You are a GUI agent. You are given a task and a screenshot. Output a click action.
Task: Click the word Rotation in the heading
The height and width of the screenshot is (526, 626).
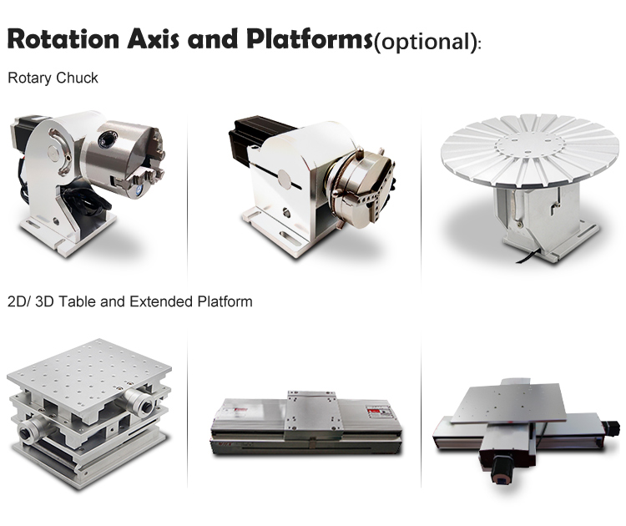pyautogui.click(x=63, y=39)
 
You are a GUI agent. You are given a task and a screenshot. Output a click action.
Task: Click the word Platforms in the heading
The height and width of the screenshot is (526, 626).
pyautogui.click(x=310, y=38)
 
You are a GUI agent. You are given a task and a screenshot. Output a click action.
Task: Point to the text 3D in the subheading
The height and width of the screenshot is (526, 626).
pyautogui.click(x=45, y=301)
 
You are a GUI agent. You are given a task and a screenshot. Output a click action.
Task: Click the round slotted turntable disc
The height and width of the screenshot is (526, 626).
pyautogui.click(x=531, y=150)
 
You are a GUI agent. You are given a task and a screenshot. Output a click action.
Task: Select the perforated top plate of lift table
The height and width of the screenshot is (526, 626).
pyautogui.click(x=89, y=367)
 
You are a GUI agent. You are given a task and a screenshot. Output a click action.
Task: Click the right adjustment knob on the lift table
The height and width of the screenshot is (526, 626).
pyautogui.click(x=138, y=401)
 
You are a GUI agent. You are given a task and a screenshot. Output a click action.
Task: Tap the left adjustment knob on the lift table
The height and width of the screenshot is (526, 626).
pyautogui.click(x=32, y=429)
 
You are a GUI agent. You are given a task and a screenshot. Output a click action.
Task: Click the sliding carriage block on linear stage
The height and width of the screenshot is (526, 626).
pyautogui.click(x=312, y=414)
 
